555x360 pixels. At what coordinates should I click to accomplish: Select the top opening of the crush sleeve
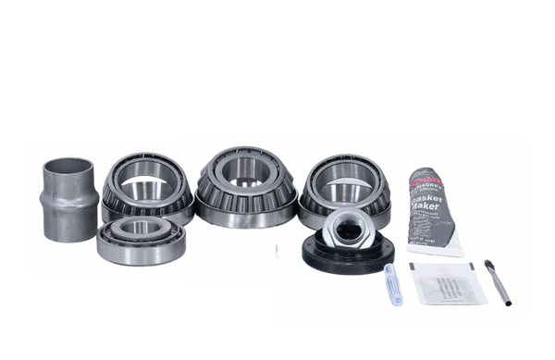click(x=64, y=168)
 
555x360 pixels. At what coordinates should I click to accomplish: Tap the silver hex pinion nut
click(x=352, y=226)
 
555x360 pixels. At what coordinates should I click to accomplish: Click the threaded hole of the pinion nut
click(x=352, y=221)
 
